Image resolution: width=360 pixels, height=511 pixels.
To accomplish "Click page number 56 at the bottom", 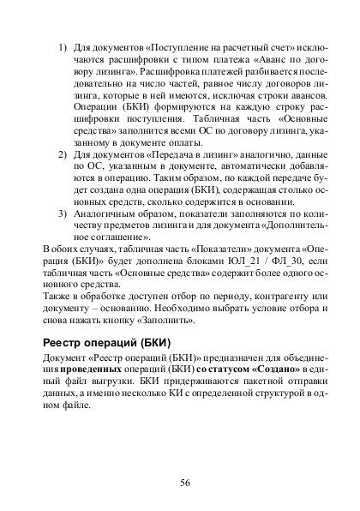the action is (x=184, y=482).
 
